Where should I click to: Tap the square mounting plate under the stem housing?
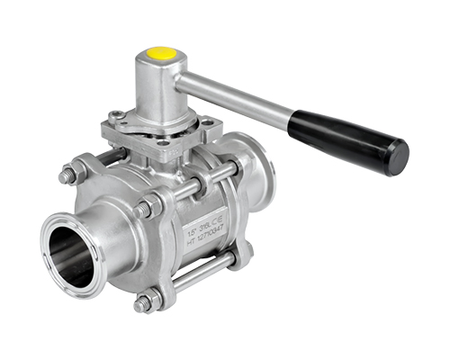(166, 135)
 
